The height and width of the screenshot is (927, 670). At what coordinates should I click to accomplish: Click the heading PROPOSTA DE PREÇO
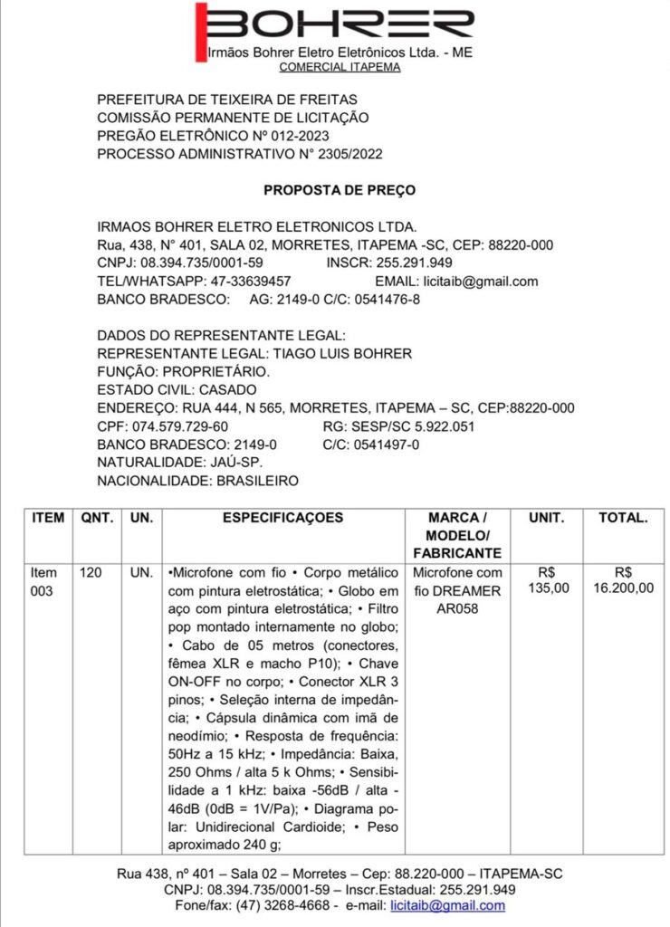(x=340, y=190)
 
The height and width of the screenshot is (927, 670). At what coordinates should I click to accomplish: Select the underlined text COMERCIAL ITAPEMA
(x=340, y=67)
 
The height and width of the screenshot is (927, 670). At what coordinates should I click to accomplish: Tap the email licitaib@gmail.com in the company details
(x=486, y=282)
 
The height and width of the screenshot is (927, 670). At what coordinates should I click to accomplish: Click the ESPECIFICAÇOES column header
(x=282, y=519)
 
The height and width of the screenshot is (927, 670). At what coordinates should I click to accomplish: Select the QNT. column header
(x=97, y=519)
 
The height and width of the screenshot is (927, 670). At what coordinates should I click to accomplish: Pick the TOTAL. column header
(x=623, y=519)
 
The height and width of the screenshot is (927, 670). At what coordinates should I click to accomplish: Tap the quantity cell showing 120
(x=91, y=573)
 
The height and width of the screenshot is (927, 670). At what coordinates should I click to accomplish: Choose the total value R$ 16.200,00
(x=623, y=580)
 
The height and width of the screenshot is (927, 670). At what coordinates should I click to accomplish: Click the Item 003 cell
(x=44, y=581)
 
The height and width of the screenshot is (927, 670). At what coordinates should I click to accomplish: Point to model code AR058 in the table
(x=457, y=608)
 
